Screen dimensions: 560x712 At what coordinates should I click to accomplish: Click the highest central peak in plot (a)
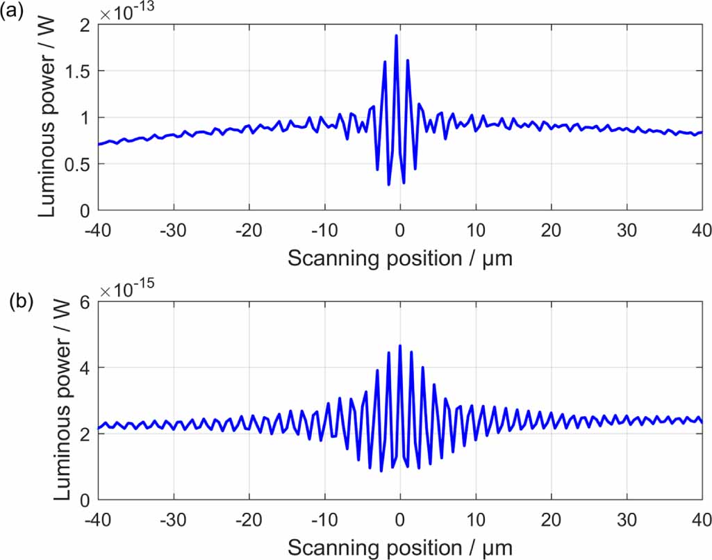pyautogui.click(x=396, y=35)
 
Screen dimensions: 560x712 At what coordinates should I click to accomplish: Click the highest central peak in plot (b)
pyautogui.click(x=400, y=345)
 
